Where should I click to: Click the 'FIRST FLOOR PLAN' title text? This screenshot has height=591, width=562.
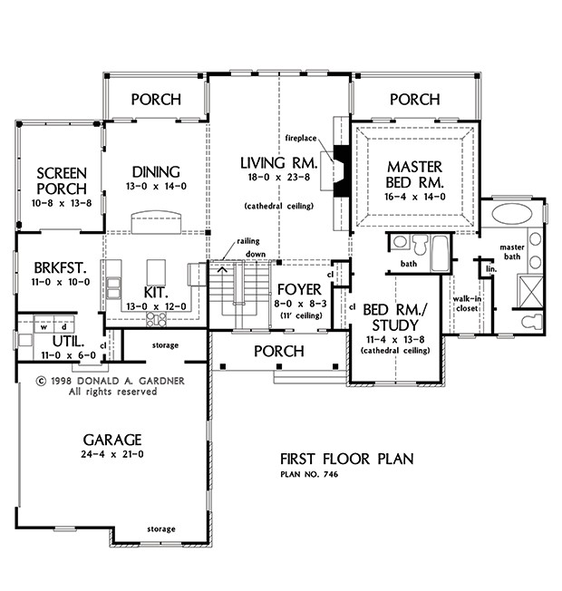[x=345, y=460]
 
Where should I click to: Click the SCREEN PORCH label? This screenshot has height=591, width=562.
[x=61, y=180]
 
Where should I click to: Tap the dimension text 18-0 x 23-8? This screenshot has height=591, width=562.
[x=277, y=179]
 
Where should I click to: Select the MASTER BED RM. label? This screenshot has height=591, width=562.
[x=414, y=175]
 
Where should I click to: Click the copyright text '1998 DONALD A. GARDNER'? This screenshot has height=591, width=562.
[x=98, y=381]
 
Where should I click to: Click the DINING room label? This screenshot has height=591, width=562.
[x=156, y=171]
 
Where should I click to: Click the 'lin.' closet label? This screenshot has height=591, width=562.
[x=490, y=269]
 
